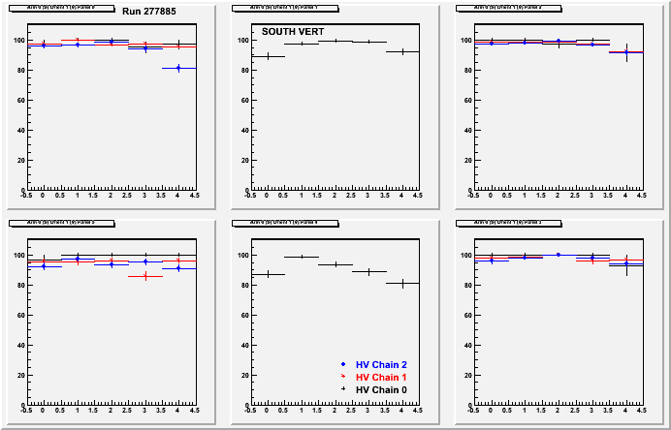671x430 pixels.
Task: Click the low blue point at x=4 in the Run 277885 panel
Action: tap(178, 68)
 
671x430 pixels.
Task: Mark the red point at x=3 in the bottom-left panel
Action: tap(144, 276)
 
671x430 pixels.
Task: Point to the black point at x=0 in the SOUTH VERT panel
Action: tap(268, 56)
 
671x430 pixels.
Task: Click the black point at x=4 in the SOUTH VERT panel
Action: tap(402, 51)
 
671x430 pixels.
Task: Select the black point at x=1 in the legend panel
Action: tap(302, 257)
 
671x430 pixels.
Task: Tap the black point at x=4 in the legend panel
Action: tap(402, 283)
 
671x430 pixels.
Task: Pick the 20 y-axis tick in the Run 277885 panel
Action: tap(18, 161)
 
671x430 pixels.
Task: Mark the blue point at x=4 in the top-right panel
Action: tap(626, 52)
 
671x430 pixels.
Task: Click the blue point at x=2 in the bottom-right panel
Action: tap(559, 255)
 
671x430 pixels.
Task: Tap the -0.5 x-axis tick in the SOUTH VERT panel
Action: tap(250, 196)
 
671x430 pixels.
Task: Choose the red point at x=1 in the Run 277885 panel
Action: tap(78, 41)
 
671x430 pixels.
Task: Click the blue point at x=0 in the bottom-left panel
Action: tap(44, 266)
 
